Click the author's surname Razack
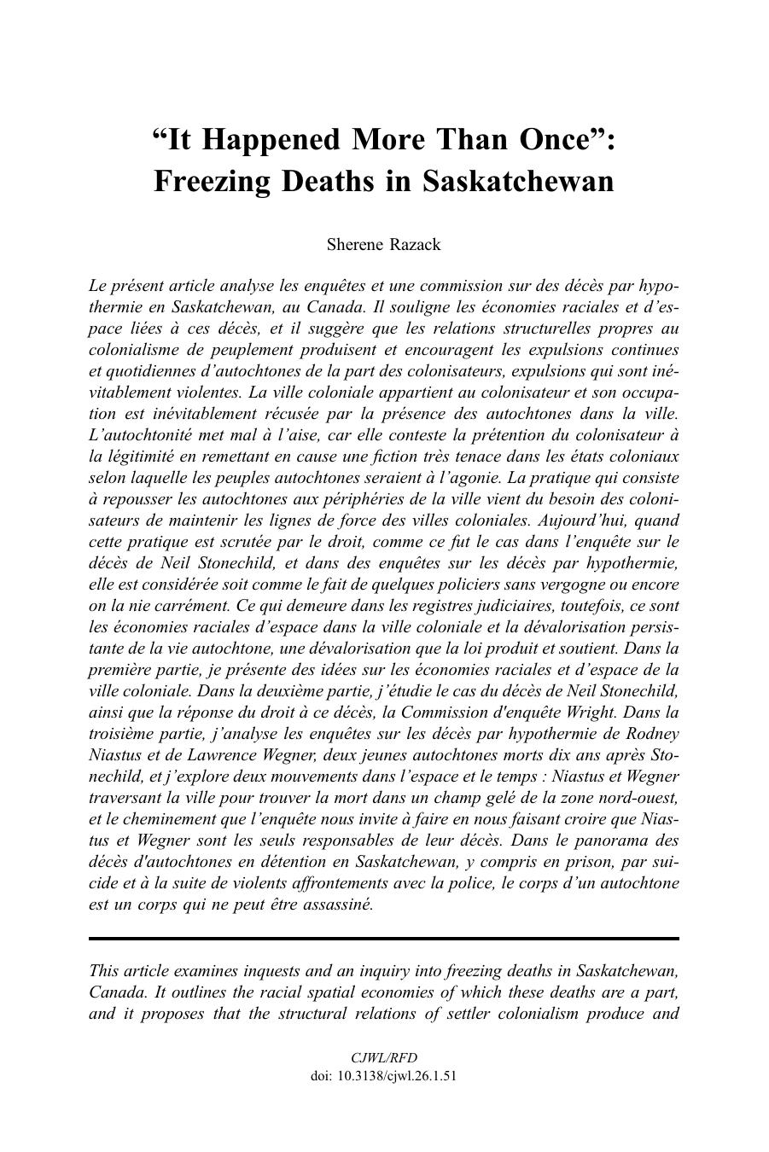(x=413, y=245)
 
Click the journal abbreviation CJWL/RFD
(x=384, y=1057)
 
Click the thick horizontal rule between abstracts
(x=384, y=939)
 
